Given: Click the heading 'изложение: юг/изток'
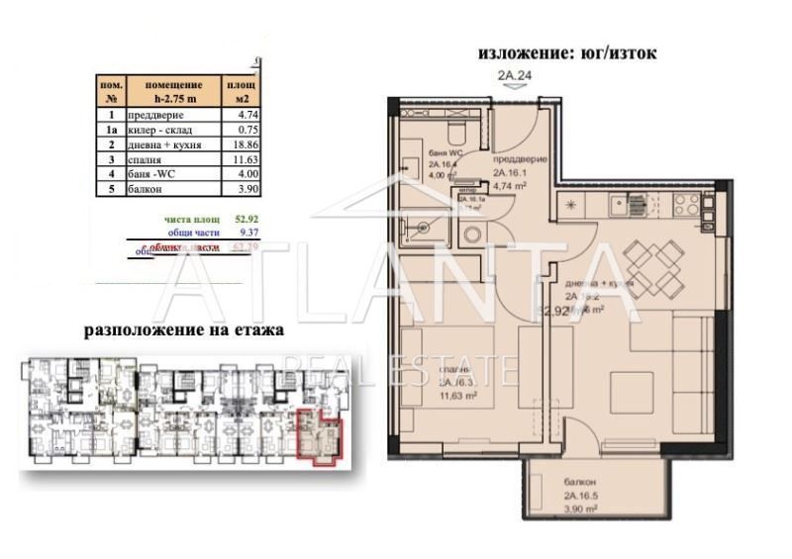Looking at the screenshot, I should click(567, 53).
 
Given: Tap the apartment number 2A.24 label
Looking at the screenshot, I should click(514, 74).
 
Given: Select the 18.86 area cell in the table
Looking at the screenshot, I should click(234, 143).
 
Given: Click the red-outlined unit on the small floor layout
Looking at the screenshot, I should click(320, 436).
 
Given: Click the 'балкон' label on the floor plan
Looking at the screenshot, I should click(549, 487).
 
